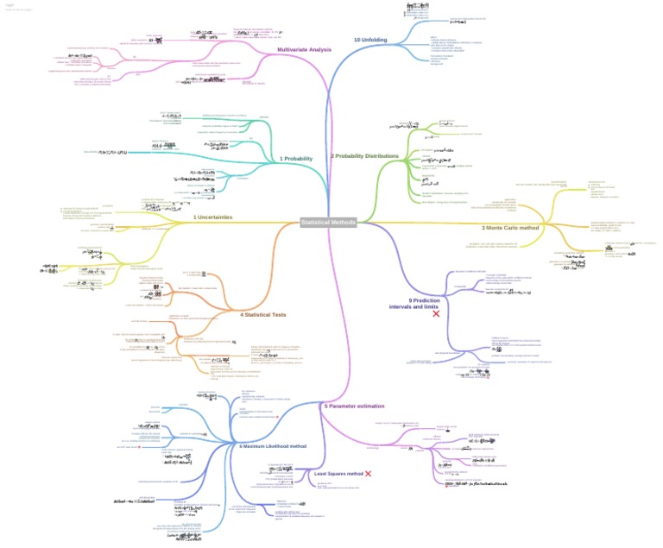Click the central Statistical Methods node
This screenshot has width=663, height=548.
click(x=328, y=223)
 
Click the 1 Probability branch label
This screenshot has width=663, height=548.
click(x=295, y=159)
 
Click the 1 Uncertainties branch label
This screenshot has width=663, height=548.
click(x=212, y=217)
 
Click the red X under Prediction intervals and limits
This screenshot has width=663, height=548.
click(x=436, y=314)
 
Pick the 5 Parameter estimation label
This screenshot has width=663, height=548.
click(x=354, y=406)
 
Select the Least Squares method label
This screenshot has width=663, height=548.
click(x=338, y=474)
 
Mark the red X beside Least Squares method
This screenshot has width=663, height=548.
click(x=369, y=474)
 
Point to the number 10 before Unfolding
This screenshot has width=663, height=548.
click(x=357, y=40)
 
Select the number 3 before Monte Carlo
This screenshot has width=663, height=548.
click(x=483, y=228)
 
